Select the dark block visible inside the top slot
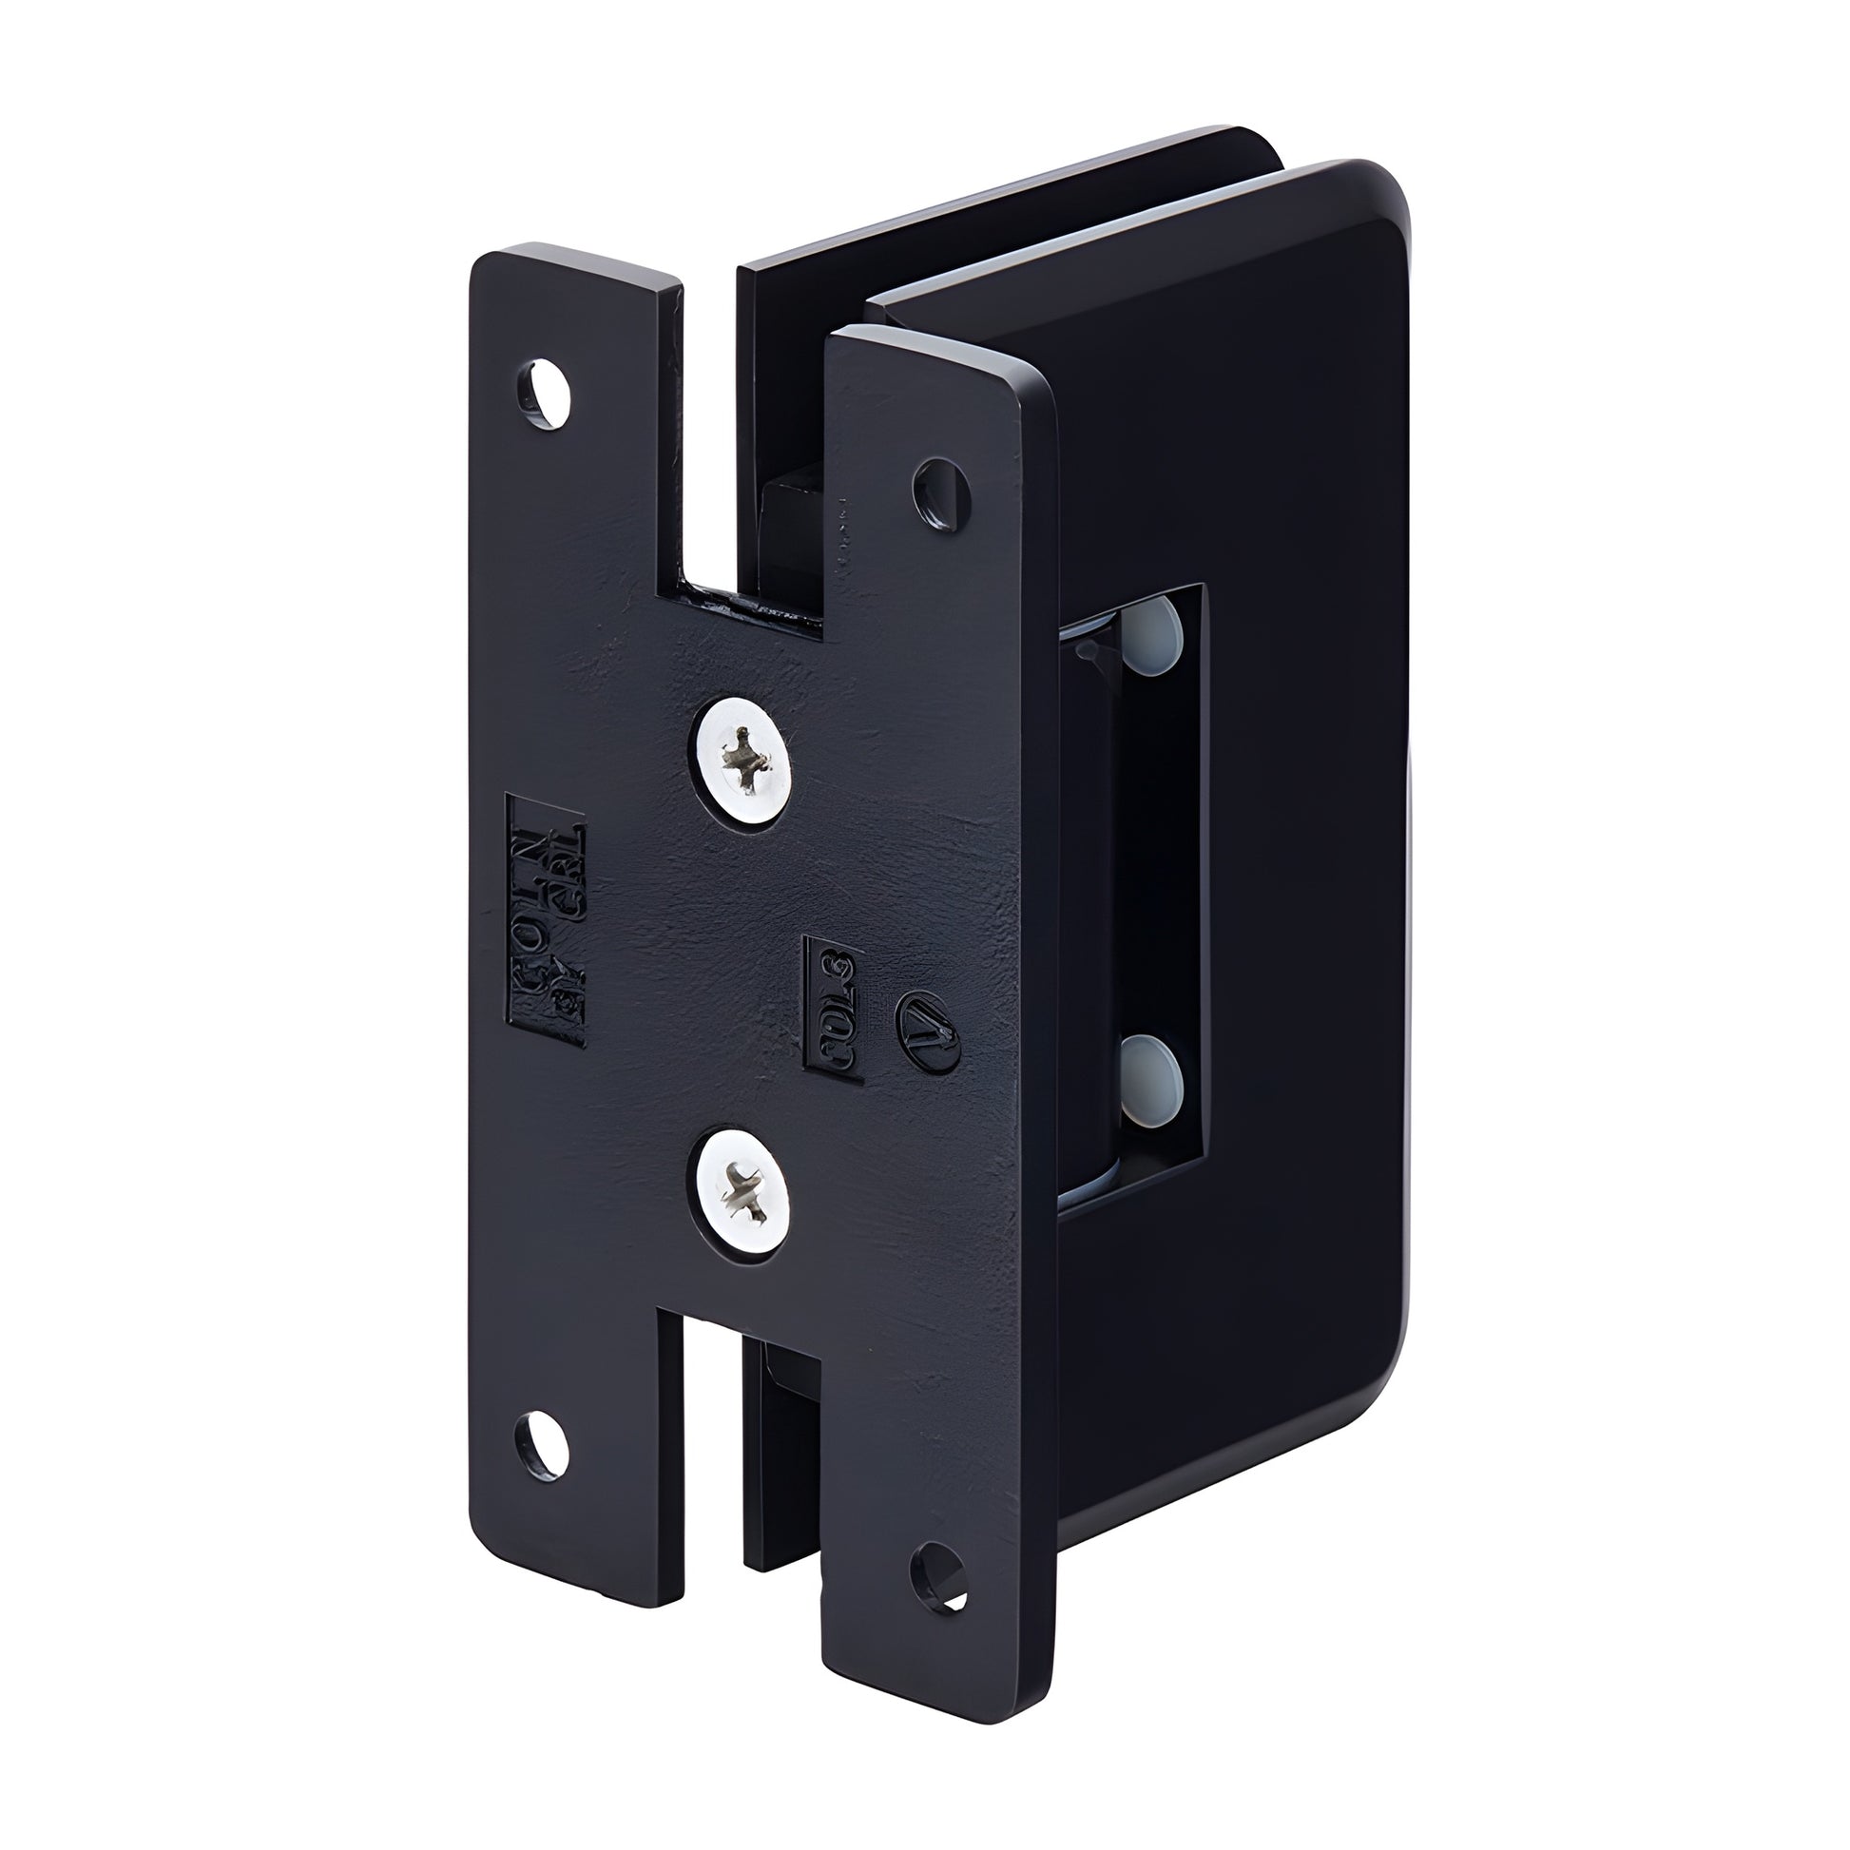click(790, 527)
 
